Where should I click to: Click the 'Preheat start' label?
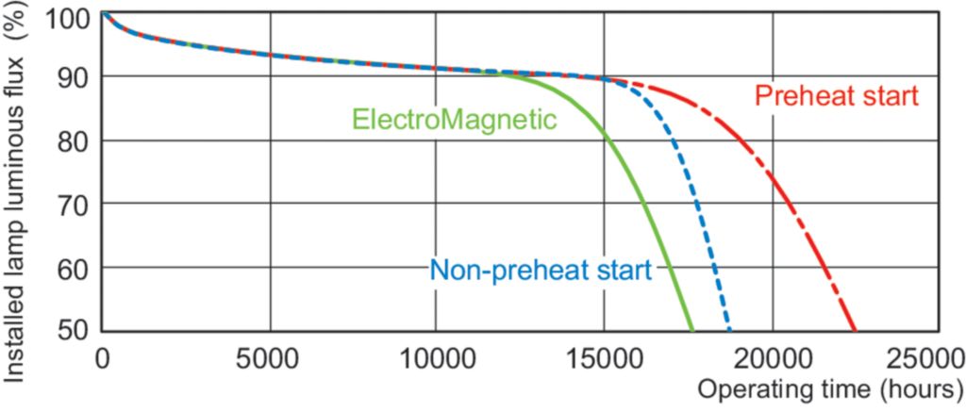click(837, 96)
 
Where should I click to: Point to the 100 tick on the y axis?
click(73, 18)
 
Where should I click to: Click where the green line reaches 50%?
click(693, 331)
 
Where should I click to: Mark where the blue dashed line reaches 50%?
click(730, 331)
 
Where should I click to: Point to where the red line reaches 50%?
click(856, 331)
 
